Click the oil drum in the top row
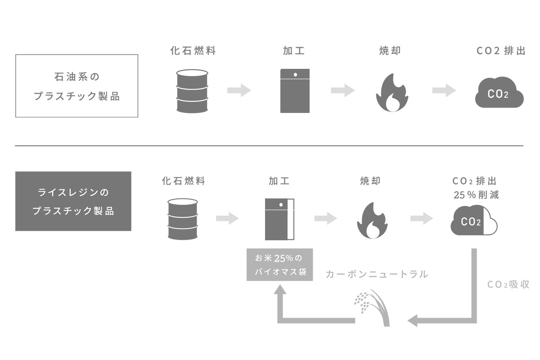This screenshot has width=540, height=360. tap(192, 91)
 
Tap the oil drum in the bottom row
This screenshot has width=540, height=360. tap(182, 219)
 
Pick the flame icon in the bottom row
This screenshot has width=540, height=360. tap(372, 220)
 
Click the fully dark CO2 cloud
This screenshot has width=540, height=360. tap(499, 93)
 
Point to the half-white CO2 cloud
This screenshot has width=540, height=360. tap(474, 220)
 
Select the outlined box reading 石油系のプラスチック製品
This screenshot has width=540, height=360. tap(76, 86)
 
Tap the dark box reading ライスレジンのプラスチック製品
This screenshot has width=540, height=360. tap(73, 201)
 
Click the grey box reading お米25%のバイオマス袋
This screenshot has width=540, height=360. tap(279, 265)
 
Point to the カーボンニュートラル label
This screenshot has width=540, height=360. tap(377, 274)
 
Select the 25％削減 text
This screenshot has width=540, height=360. tap(476, 195)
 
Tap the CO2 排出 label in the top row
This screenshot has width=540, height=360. tap(500, 51)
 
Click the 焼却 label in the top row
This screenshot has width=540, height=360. tap(390, 51)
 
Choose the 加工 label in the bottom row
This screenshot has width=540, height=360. tap(279, 181)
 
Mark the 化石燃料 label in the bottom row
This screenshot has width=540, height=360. tap(183, 181)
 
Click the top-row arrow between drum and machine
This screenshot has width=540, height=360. tap(239, 90)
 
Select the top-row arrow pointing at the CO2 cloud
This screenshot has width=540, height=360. tap(444, 90)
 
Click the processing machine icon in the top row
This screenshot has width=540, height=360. tap(295, 91)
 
